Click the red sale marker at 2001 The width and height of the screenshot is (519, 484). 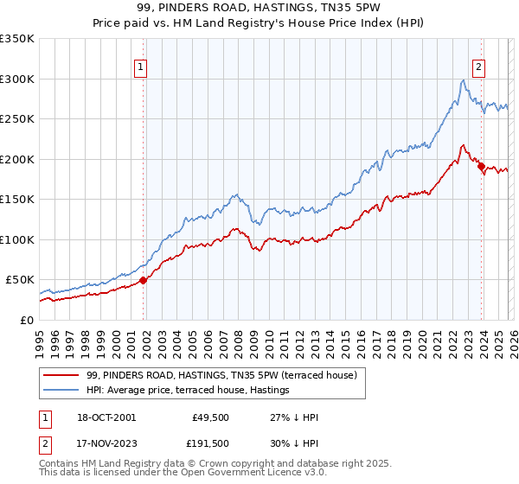tap(144, 280)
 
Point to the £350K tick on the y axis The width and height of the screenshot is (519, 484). tap(17, 39)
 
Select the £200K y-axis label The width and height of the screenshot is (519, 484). tap(17, 159)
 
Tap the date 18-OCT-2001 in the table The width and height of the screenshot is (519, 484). tap(106, 417)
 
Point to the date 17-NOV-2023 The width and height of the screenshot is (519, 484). tap(106, 443)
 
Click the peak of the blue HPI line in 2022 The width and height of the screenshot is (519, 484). tap(464, 80)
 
